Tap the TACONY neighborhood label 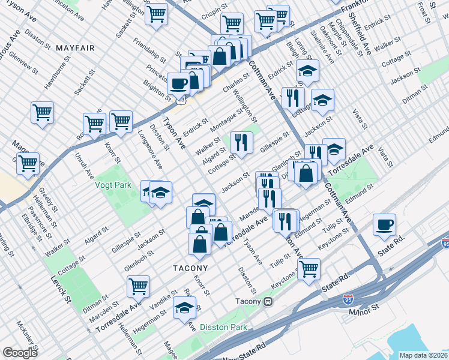point(191,268)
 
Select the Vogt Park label point(113,185)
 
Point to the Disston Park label point(223,328)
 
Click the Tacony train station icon point(270,301)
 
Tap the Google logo point(20,353)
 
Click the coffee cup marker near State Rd point(385,225)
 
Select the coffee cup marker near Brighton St point(178,84)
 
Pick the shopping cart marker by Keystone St point(309,269)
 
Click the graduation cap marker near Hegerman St point(185,309)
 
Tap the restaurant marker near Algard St point(241,143)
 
